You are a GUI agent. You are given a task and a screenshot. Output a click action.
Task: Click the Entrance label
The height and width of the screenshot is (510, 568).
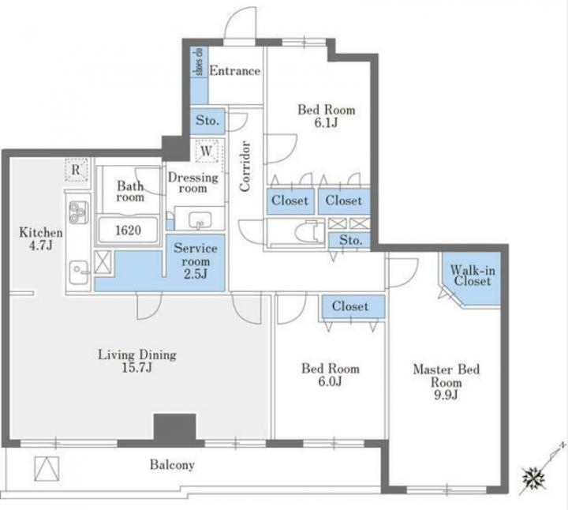click(x=235, y=71)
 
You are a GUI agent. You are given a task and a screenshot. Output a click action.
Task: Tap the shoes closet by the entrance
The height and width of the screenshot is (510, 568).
click(x=200, y=75)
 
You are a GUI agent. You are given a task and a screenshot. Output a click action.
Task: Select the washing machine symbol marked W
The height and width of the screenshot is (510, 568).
click(x=207, y=151)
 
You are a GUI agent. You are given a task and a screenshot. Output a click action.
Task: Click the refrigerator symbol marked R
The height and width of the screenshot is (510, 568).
click(x=76, y=169)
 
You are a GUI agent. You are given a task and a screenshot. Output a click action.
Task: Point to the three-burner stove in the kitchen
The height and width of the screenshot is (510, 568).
click(x=79, y=212)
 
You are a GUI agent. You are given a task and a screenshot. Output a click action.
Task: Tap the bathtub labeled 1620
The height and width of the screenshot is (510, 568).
click(x=128, y=230)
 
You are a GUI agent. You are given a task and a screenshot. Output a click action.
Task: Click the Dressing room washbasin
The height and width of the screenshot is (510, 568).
click(x=200, y=219)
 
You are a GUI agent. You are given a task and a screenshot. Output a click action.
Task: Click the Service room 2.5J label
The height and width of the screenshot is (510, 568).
click(x=196, y=261)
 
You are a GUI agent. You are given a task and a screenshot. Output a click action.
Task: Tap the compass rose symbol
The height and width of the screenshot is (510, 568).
click(x=534, y=477)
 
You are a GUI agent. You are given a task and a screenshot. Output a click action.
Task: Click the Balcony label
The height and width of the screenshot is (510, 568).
click(x=173, y=465)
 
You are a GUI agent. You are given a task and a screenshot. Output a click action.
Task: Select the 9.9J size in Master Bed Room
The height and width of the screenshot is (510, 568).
click(x=446, y=395)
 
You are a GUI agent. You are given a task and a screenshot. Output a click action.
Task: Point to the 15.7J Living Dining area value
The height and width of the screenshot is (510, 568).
click(x=137, y=368)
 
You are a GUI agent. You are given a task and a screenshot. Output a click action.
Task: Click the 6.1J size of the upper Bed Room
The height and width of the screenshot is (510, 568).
click(x=326, y=123)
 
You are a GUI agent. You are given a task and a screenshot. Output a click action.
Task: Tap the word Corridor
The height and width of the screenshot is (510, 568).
click(x=245, y=167)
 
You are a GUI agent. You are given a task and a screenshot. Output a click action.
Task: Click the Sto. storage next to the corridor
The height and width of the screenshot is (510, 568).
click(x=207, y=121)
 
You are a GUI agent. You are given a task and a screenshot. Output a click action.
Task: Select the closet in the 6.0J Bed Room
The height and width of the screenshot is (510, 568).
click(x=353, y=306)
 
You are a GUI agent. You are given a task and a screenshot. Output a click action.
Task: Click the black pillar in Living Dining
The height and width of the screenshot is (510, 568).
click(x=175, y=428)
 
